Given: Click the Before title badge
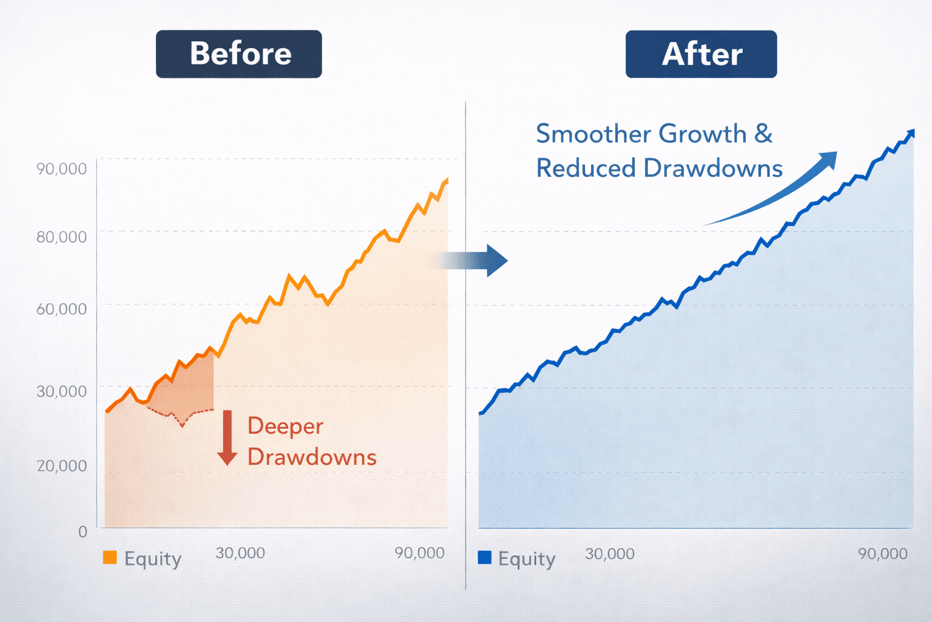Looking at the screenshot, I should (238, 54).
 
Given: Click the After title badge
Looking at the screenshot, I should (701, 54).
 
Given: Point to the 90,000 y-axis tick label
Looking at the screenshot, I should (61, 169).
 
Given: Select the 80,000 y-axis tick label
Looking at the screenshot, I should (61, 237).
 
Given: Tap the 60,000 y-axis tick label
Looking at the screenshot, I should (61, 309).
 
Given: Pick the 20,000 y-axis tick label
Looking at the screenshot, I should (61, 466).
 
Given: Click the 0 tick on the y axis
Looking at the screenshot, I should (83, 532).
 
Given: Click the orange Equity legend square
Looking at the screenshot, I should (110, 558).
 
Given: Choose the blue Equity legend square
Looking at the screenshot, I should (484, 558).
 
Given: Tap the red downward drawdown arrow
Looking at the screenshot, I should (228, 438).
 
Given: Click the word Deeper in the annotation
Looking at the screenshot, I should (285, 426).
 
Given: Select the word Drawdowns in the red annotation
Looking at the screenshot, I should (312, 457).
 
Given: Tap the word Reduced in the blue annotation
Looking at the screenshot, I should (586, 168).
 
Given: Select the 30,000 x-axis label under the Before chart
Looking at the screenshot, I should (240, 553).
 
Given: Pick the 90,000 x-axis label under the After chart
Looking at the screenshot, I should (882, 554).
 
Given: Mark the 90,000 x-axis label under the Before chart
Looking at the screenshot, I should (419, 553).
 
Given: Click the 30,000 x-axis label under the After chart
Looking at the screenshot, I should (610, 554).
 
